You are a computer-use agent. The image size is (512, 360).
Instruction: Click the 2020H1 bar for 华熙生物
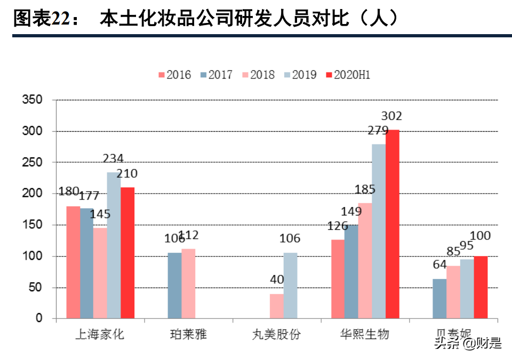point(392,224)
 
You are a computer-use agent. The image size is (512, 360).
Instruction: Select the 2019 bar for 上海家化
point(114,245)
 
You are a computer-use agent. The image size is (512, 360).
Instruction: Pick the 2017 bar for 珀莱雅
point(174,285)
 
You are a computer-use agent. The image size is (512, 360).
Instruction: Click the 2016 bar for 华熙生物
point(338,279)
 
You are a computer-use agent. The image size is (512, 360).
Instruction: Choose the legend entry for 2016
point(174,75)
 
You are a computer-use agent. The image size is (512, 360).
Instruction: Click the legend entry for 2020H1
point(347,75)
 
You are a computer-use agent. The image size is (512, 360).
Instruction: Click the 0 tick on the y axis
point(39,318)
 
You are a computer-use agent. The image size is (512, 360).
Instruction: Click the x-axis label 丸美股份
point(277,335)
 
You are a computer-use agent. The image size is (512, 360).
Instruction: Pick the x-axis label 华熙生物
point(365,335)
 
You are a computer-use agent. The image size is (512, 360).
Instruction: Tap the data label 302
point(391,116)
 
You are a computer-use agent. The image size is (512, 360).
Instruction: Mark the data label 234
point(113,158)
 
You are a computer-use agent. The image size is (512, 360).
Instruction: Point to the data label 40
point(277,279)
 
